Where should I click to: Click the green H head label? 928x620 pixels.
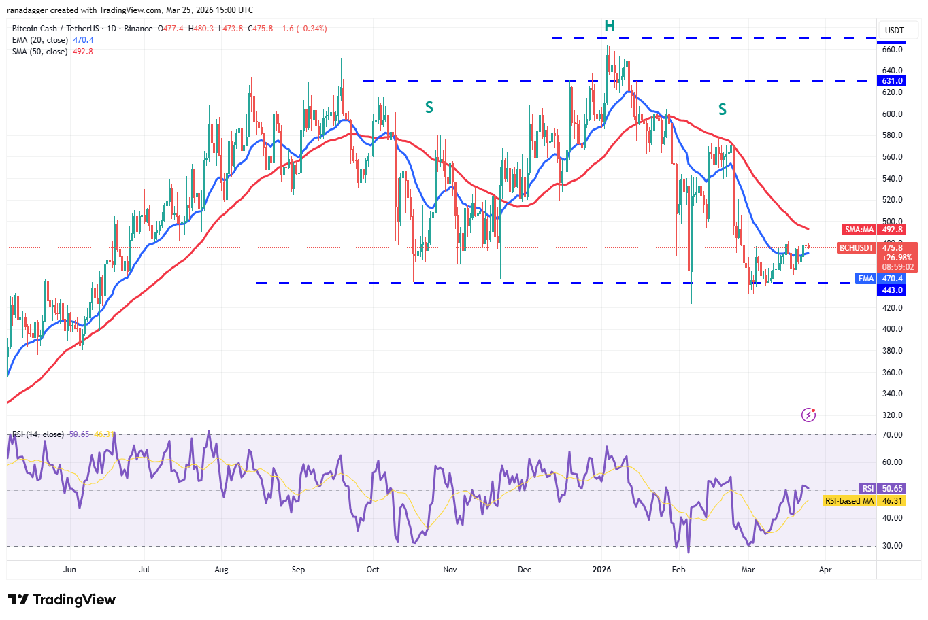coord(610,26)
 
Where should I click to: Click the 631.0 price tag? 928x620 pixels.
coord(892,81)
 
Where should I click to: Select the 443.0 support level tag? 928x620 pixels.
coord(892,290)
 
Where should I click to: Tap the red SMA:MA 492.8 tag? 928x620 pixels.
coord(874,230)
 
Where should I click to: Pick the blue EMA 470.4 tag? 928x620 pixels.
coord(880,279)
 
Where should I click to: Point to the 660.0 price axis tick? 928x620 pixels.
coord(892,50)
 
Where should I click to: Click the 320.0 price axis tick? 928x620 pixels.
coord(892,415)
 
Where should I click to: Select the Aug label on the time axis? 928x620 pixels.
coord(221,570)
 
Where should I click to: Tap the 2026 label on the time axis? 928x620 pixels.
coord(601,570)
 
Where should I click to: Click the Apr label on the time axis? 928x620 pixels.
coord(825,570)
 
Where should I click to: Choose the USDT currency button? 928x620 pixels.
coord(894,31)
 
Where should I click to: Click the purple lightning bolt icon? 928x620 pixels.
coord(808,415)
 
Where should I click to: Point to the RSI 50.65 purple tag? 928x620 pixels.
coord(882,489)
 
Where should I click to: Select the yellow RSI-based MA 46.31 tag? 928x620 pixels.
coord(864,501)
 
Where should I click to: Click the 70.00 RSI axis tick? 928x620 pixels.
coord(892,435)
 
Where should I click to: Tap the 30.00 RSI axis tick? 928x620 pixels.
coord(892,546)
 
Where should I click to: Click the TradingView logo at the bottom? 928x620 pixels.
coord(62,600)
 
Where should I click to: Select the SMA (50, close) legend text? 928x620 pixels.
coord(39,52)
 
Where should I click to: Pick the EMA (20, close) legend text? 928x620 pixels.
coord(39,40)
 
